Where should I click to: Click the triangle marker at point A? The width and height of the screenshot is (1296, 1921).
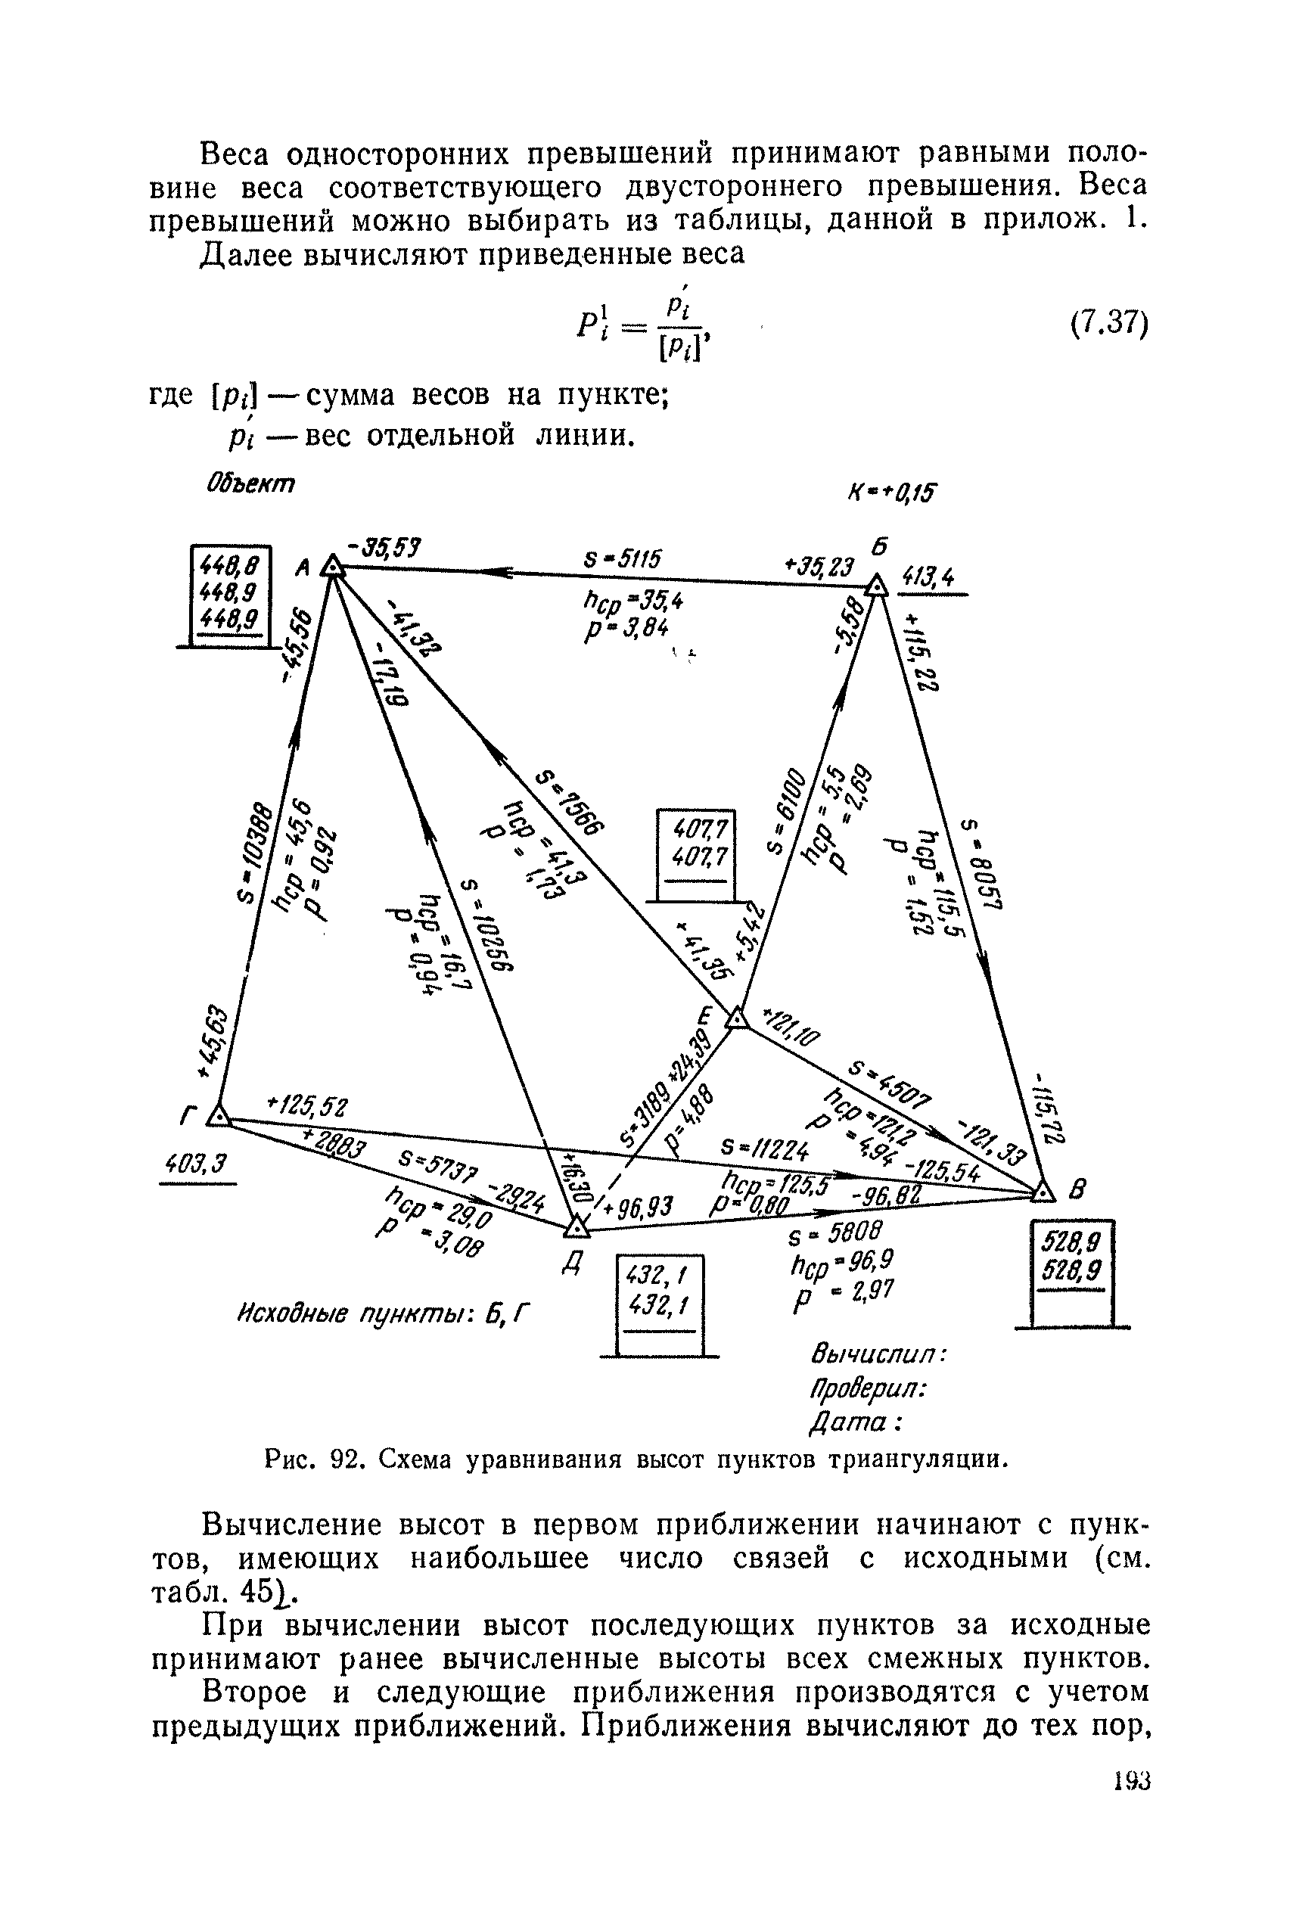(331, 566)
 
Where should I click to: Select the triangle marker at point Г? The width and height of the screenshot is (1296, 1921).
(217, 1116)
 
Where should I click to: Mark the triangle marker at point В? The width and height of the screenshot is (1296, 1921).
(1045, 1192)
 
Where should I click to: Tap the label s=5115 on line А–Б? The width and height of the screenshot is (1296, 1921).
(623, 560)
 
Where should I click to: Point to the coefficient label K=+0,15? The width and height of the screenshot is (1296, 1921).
(890, 493)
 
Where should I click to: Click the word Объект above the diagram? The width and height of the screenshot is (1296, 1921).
(250, 483)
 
